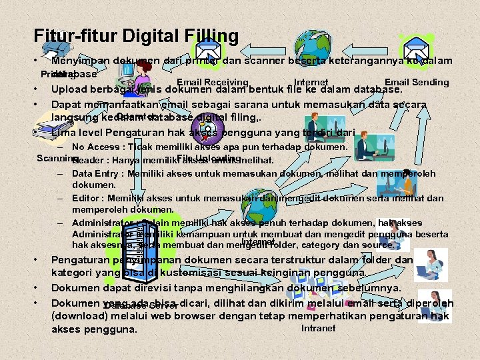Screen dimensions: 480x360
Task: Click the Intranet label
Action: point(319,328)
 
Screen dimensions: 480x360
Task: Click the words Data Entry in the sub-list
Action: point(97,173)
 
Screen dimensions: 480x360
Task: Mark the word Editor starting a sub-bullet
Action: point(88,198)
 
